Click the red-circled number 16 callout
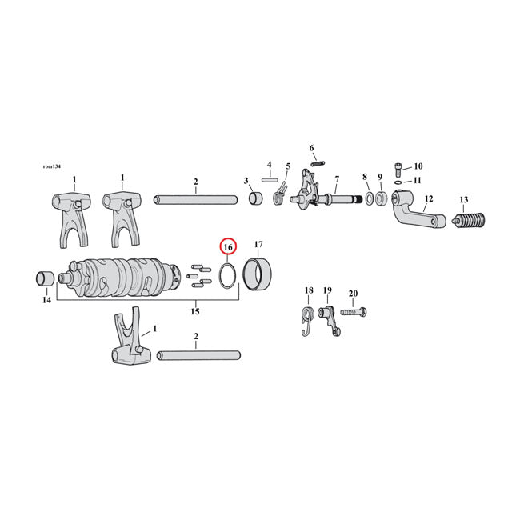[x=227, y=248]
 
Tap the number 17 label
[x=258, y=244]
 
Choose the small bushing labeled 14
[x=45, y=278]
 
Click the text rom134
[x=52, y=166]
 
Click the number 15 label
[x=194, y=311]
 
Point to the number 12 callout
[x=428, y=198]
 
